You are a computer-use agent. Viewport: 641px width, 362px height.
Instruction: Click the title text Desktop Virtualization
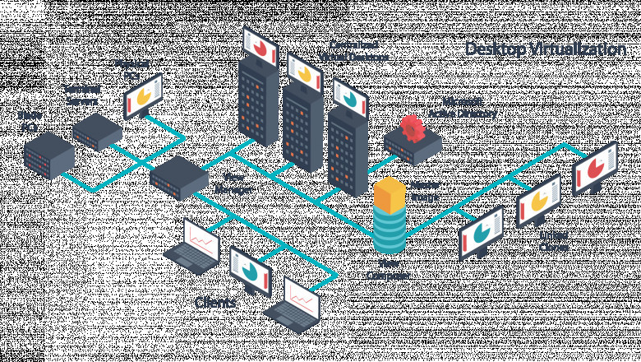pyautogui.click(x=546, y=49)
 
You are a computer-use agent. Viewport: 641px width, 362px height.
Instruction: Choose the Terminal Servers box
pyautogui.click(x=96, y=130)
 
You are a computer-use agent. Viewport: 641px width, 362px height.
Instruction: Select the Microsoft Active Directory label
pyautogui.click(x=463, y=111)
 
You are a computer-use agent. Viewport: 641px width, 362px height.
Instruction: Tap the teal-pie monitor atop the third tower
pyautogui.click(x=350, y=98)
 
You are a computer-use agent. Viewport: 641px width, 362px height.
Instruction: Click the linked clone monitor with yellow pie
pyautogui.click(x=538, y=198)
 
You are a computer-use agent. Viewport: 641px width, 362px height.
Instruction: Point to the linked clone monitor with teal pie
pyautogui.click(x=481, y=231)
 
